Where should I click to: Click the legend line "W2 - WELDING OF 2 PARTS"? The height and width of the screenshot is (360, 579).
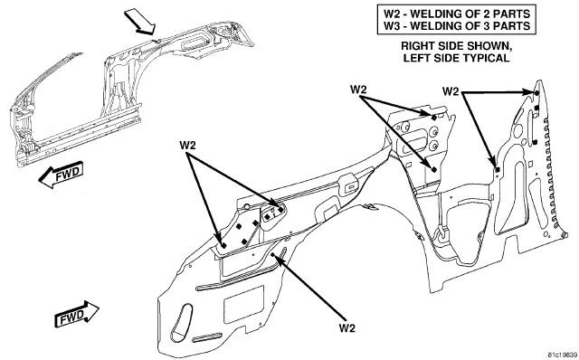point(456,14)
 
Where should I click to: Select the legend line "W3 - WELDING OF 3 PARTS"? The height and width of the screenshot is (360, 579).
point(456,26)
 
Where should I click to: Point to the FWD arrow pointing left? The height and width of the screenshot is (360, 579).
point(61,175)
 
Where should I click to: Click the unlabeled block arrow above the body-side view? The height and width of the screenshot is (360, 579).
point(139,23)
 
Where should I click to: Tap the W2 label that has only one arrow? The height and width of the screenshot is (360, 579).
point(346,327)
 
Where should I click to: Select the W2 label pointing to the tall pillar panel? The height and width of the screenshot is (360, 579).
point(451,91)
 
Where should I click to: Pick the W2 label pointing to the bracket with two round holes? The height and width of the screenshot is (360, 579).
point(358,90)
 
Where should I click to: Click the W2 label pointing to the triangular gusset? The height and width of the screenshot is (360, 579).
point(188,145)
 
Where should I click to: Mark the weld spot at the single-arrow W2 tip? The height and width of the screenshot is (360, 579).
point(272,255)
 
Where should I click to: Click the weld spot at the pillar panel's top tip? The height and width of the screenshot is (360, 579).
point(536,92)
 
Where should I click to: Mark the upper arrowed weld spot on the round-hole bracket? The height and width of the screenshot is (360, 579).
point(434,118)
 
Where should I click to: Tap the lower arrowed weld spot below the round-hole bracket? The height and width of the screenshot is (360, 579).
point(434,169)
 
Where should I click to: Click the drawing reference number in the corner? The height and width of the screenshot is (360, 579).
point(563,355)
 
